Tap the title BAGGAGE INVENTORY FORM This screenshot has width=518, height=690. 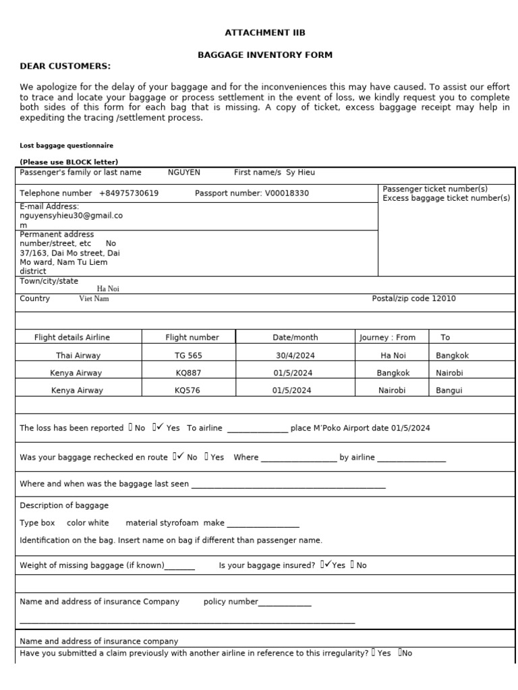[x=264, y=55]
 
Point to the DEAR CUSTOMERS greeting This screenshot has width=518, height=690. [x=65, y=65]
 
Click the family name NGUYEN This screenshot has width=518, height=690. [x=184, y=172]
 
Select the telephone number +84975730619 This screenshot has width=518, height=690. [x=129, y=193]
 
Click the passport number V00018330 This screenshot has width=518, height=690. [x=287, y=193]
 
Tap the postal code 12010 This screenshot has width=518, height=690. [x=443, y=299]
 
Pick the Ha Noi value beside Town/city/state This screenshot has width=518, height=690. [x=108, y=288]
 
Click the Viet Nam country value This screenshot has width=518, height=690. [x=94, y=299]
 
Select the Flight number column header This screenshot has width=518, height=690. [x=192, y=337]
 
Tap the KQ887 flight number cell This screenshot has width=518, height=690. [x=188, y=373]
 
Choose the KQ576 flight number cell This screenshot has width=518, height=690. [x=188, y=390]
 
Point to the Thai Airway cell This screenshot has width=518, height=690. [x=78, y=355]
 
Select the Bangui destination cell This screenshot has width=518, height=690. [x=449, y=390]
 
